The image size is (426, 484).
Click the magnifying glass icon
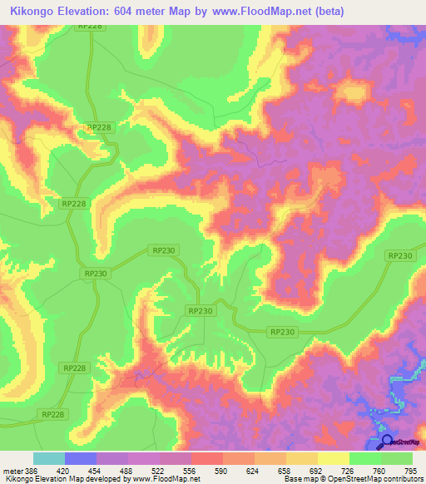(386, 442)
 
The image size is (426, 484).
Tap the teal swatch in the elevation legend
(49, 458)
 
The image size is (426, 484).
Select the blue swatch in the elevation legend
(81, 458)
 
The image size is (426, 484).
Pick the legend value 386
(32, 470)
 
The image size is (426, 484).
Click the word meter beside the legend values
(12, 470)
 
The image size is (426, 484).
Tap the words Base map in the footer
(300, 478)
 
